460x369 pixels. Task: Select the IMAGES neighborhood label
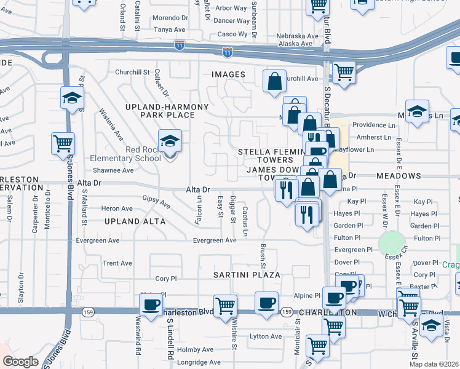coord(228,74)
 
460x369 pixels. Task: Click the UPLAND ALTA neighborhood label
coord(135,221)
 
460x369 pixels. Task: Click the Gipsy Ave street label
coord(156,200)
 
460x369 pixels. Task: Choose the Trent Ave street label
coord(117,263)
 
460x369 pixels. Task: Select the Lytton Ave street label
coord(266,336)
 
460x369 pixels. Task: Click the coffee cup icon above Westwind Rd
coord(151,304)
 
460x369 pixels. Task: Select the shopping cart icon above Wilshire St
coord(225,304)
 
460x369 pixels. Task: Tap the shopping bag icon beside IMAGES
coord(274,81)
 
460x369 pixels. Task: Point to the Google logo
coord(20,362)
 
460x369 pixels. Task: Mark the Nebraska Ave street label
coord(294,36)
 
